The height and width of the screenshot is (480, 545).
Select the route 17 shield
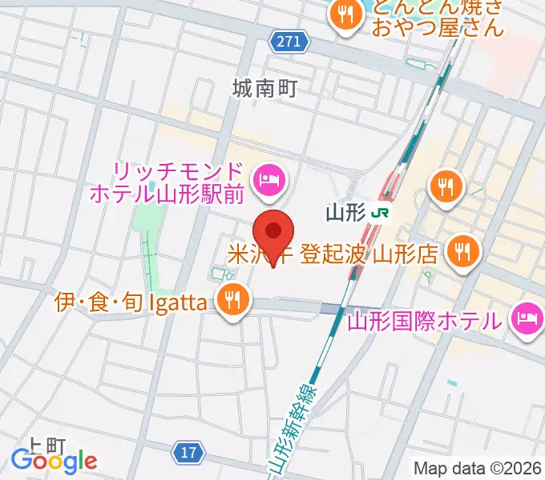coord(188,453)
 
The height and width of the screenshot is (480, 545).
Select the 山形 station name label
coord(346,213)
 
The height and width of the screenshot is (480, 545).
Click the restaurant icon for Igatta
coord(233,301)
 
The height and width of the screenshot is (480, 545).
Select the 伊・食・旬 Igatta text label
coord(135,302)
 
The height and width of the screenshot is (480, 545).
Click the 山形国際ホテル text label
coord(426,322)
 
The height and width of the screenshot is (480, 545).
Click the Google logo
coord(54,461)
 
